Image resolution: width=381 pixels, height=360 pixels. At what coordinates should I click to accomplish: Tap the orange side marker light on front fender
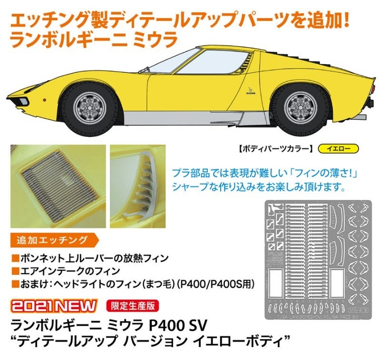click(44, 99)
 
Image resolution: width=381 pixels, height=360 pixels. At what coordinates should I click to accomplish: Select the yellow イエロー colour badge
click(338, 149)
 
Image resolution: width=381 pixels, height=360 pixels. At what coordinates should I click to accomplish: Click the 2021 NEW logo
click(54, 306)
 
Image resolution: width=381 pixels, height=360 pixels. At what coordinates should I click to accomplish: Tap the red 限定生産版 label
click(132, 306)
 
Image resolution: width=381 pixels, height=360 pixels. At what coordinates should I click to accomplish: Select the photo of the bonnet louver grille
click(58, 186)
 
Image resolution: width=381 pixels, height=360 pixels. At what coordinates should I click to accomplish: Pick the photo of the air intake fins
click(137, 186)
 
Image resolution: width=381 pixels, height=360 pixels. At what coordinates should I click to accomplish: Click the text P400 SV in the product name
click(177, 325)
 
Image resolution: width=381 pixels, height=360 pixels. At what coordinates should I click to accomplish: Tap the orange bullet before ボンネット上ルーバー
click(16, 258)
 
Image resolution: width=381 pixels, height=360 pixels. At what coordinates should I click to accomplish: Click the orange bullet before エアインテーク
click(16, 271)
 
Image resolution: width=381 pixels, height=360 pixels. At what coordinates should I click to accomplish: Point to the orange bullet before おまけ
click(16, 284)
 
